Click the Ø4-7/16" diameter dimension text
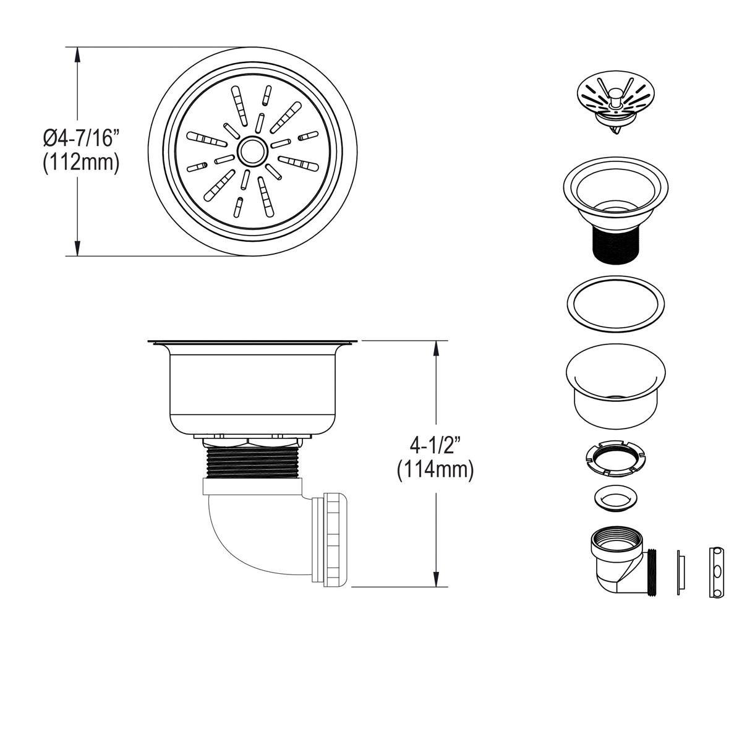(80, 137)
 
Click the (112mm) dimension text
(80, 163)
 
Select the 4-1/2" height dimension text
(436, 444)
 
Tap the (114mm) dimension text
(436, 471)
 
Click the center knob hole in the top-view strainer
(251, 150)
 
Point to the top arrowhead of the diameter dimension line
(77, 54)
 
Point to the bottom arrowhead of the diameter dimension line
(77, 247)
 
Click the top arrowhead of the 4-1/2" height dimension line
(437, 348)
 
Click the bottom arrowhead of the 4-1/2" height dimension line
(437, 579)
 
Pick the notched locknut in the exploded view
(615, 458)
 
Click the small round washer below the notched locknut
(615, 498)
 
